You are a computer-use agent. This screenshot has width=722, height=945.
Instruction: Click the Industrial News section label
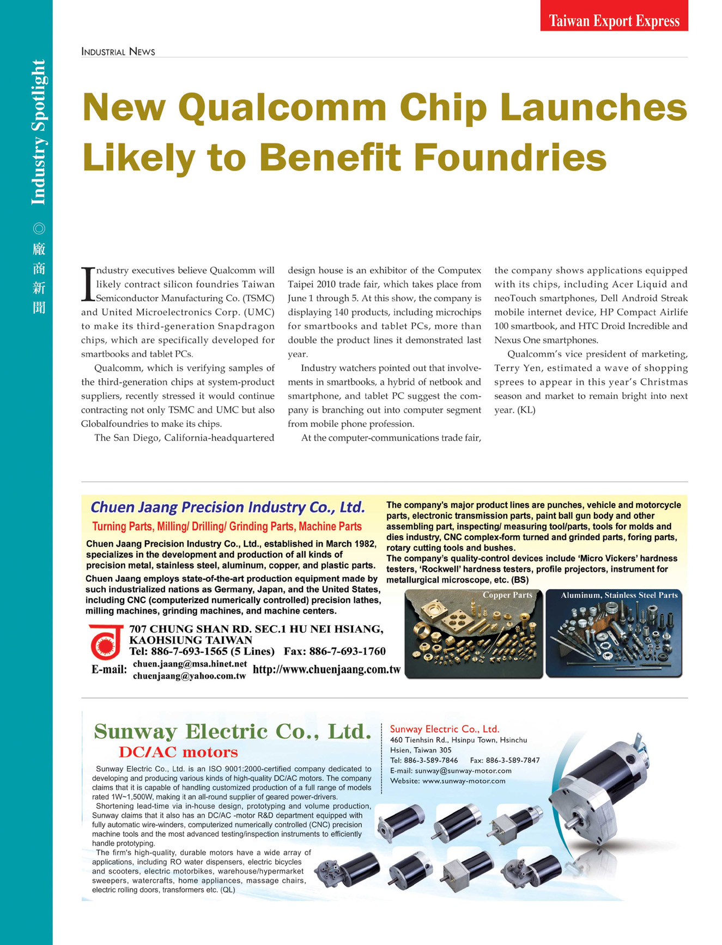point(118,52)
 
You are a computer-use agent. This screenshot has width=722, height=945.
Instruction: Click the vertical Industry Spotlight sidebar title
point(38,132)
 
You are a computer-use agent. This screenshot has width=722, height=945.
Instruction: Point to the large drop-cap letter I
point(88,283)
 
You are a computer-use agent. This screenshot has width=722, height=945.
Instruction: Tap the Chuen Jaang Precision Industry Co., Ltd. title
point(228,507)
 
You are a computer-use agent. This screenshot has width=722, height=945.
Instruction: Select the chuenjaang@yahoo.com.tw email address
point(189,676)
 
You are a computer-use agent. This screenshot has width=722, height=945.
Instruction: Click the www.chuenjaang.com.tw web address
point(327,670)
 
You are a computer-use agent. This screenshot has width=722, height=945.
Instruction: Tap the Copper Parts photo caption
point(507,595)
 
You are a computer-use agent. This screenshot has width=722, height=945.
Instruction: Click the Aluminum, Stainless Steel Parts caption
point(619,595)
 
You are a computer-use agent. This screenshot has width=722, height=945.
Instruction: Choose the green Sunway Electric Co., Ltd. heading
point(232,731)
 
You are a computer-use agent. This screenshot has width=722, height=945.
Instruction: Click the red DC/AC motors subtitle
point(178,753)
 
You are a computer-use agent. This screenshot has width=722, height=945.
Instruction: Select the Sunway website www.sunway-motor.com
point(464,781)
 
